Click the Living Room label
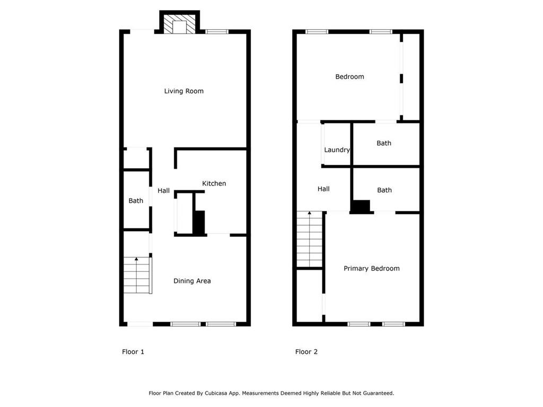coord(183,91)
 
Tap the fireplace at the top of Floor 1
coord(180,24)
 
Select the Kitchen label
coord(214,183)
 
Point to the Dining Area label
coord(192,281)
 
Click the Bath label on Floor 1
coord(136,201)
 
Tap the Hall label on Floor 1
coord(163,190)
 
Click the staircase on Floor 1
coord(137,275)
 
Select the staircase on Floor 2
coord(309,239)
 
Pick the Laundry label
coord(337,150)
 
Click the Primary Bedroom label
coord(371,269)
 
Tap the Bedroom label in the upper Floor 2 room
coord(349,77)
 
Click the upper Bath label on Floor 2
coord(384,143)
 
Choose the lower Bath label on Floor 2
coord(384,190)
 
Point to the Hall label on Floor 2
coord(323,189)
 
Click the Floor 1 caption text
coord(133,352)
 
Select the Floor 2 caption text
coord(306,352)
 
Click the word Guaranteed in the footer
coord(376,393)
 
